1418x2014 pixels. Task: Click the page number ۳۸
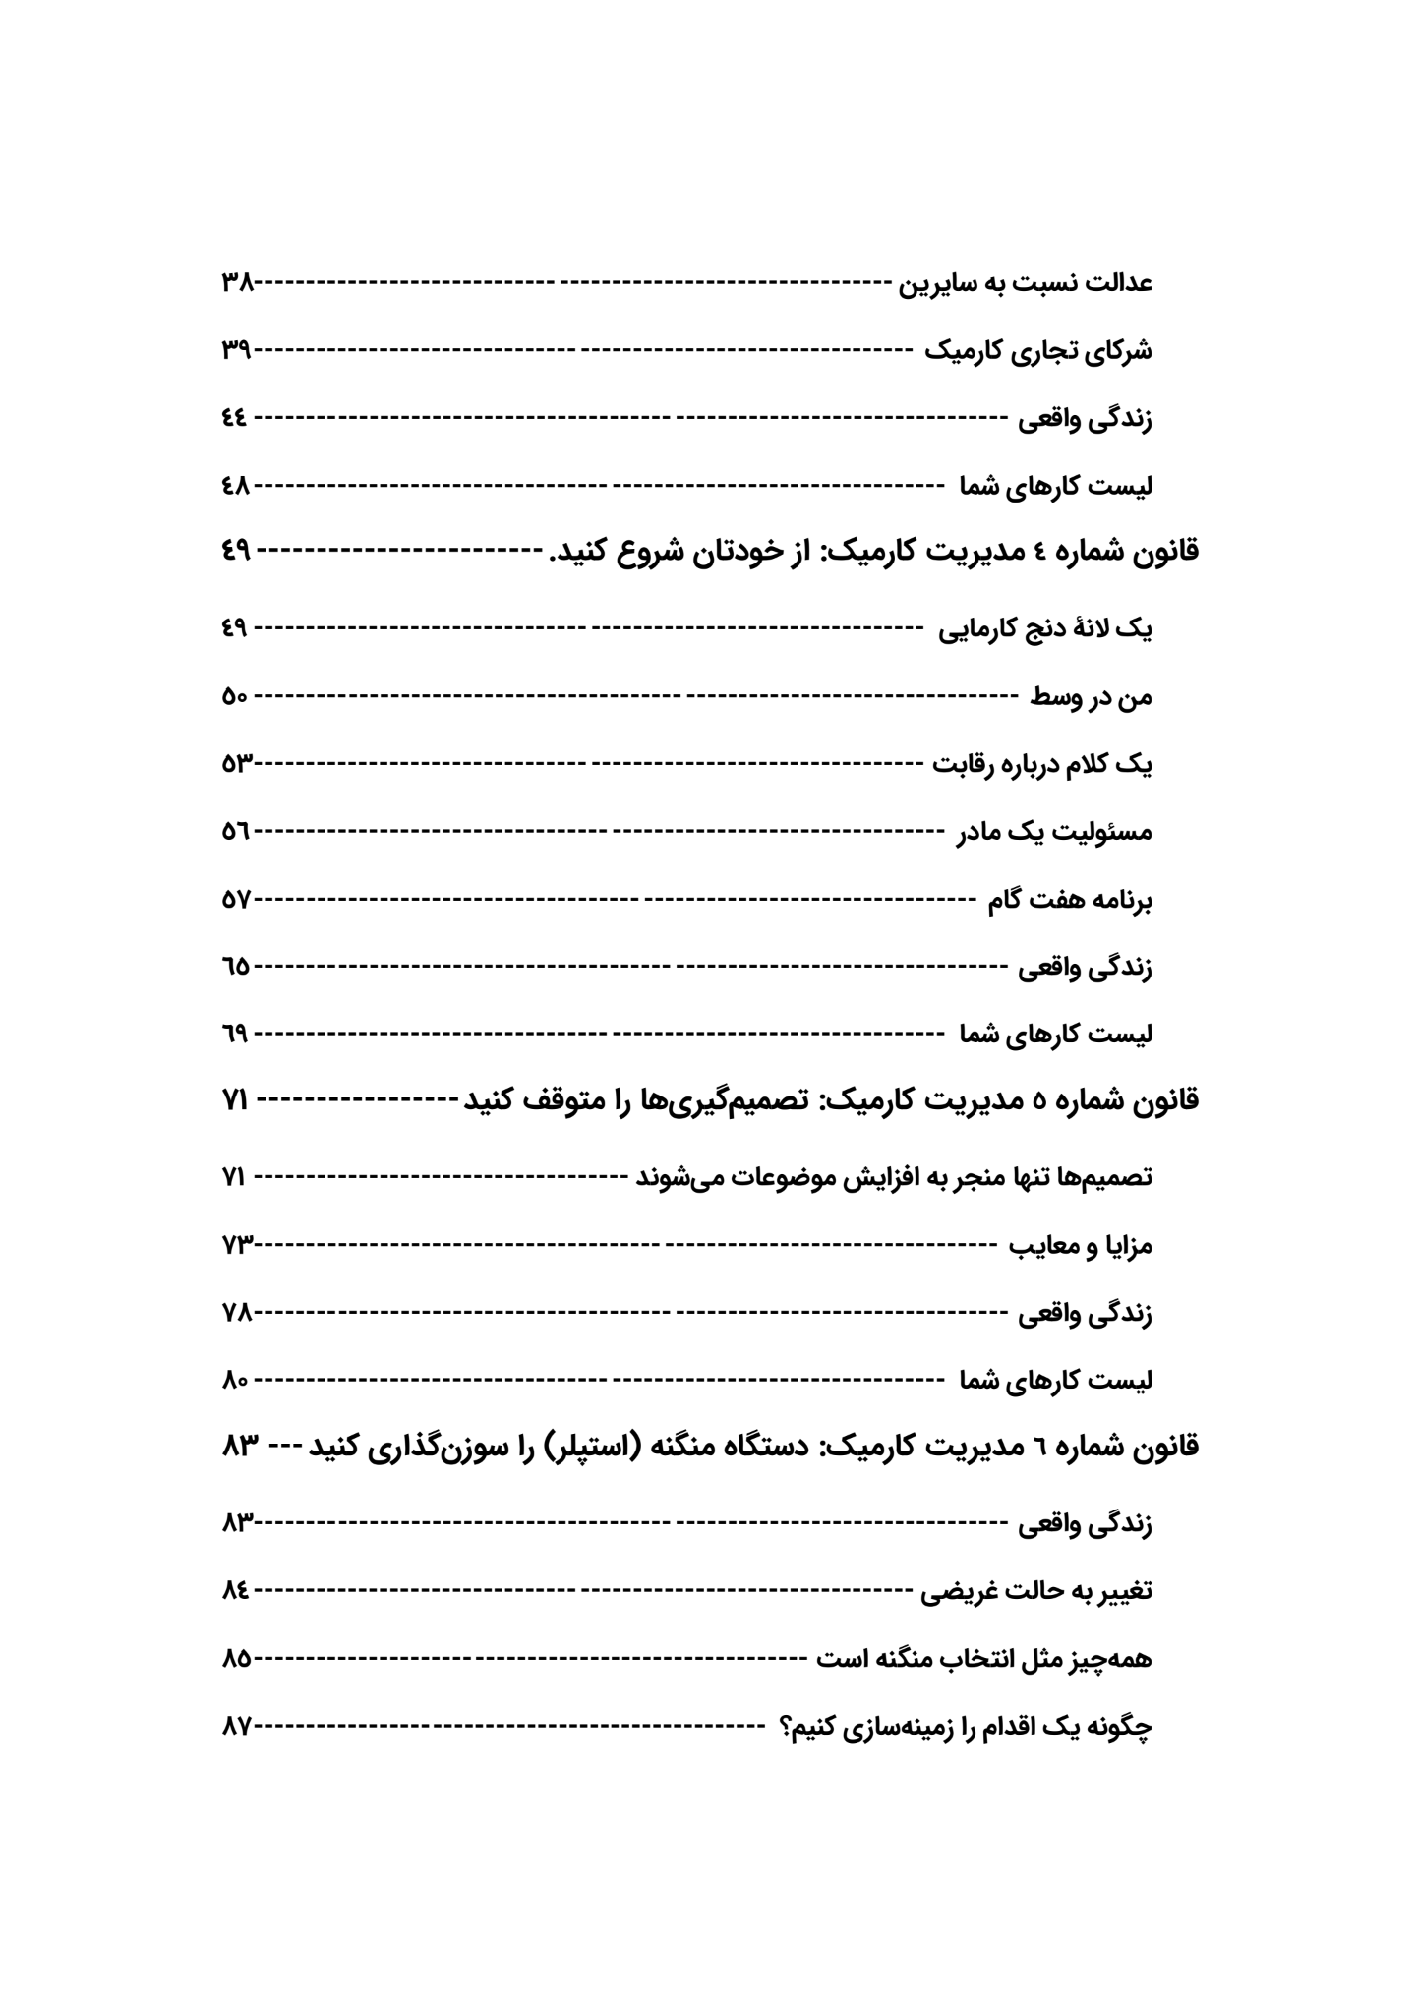(x=237, y=283)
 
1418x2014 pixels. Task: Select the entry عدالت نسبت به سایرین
(x=1028, y=283)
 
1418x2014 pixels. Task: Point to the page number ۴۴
(x=235, y=418)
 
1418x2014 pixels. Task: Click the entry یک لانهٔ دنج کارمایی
(x=1046, y=629)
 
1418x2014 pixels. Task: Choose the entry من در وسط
(x=1092, y=697)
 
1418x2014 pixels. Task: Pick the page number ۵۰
(x=235, y=697)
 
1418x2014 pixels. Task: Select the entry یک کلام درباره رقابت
(x=1043, y=764)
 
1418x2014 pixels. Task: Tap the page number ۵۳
(x=237, y=764)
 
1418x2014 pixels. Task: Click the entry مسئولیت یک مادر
(x=1055, y=832)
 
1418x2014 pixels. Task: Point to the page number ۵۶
(x=236, y=832)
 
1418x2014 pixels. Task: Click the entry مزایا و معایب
(x=1082, y=1246)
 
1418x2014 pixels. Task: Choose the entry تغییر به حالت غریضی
(x=1037, y=1591)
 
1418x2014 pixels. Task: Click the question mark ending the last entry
(x=788, y=1726)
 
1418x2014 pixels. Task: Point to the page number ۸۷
(x=237, y=1726)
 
